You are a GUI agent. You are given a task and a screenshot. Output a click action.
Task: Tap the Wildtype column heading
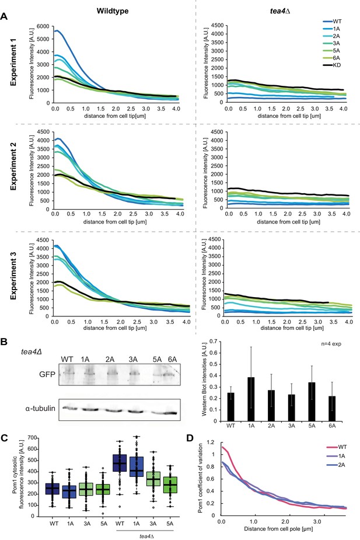(113, 11)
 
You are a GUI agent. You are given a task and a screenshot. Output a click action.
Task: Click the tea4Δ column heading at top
(280, 11)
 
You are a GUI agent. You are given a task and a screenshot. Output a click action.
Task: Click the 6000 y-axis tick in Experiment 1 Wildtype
(44, 26)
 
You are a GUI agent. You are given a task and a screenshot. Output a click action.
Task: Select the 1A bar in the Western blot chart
(251, 399)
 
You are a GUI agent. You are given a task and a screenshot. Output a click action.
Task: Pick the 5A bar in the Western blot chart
(312, 402)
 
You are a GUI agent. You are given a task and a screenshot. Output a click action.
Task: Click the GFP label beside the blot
(47, 374)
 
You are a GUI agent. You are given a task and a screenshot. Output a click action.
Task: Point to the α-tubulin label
(40, 409)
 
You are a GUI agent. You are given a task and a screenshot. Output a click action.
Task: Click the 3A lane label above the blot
(133, 360)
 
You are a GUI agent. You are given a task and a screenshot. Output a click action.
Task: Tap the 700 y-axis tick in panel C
(32, 438)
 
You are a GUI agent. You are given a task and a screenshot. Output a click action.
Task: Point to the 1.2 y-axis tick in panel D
(210, 442)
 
